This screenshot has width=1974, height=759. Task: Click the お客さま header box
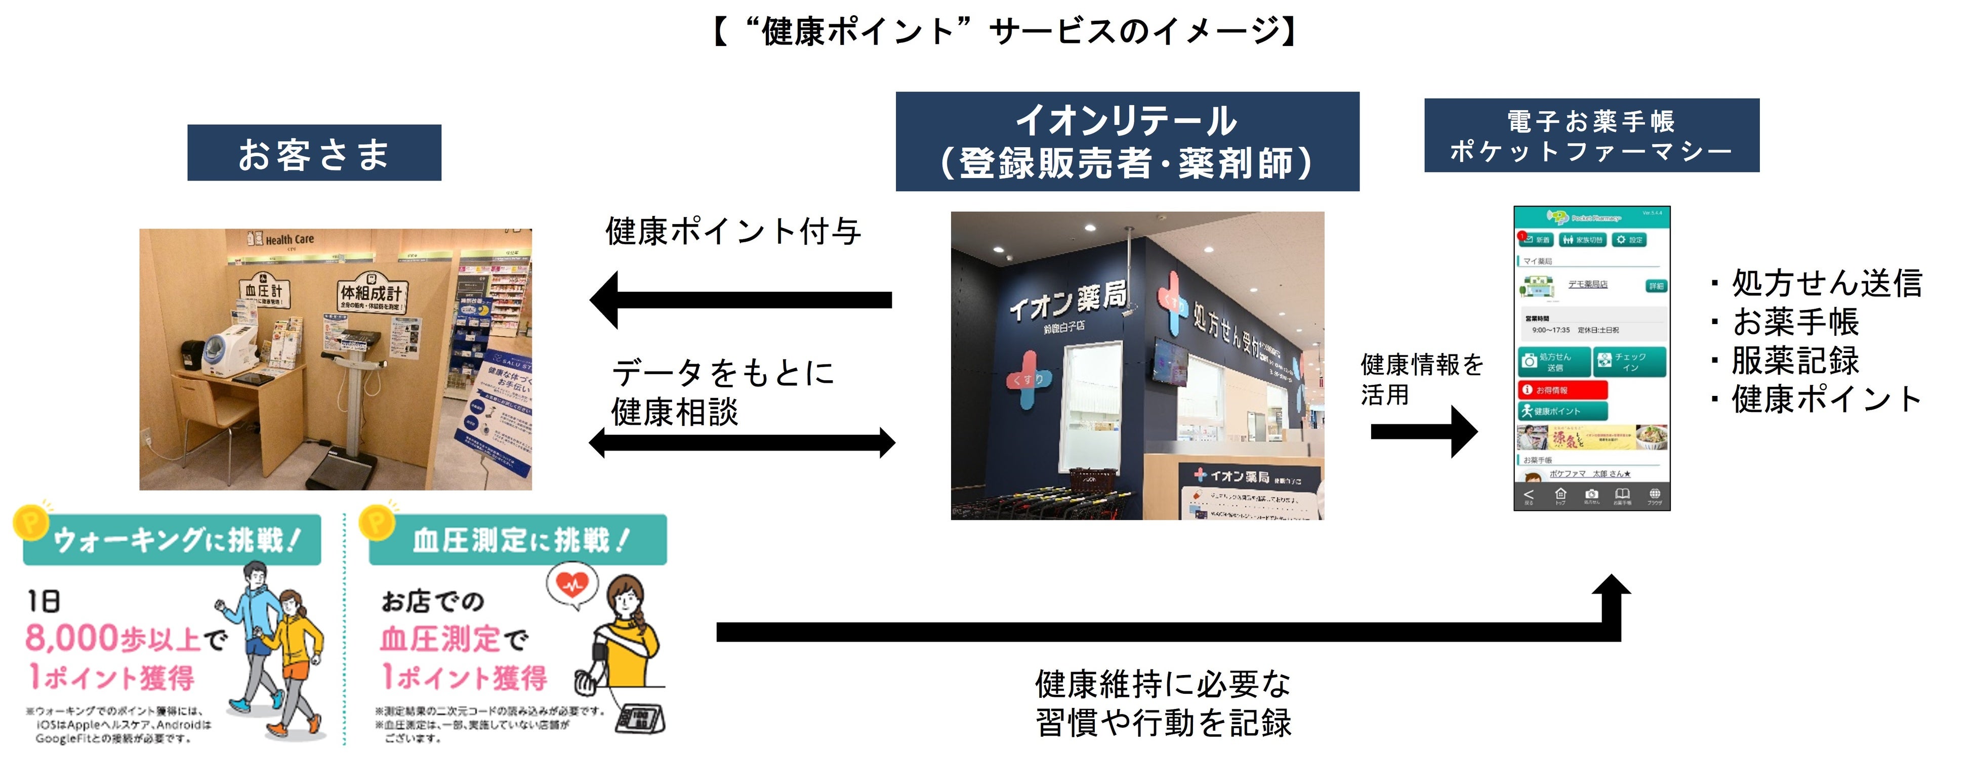tap(314, 153)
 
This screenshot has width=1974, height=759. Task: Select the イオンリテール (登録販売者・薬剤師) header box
tap(1127, 142)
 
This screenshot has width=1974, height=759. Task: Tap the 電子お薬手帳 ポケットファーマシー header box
tap(1592, 136)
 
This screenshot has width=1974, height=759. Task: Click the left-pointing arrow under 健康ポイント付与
tap(740, 299)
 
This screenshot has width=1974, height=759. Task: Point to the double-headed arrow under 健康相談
tap(742, 442)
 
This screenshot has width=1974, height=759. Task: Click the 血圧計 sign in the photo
tap(264, 291)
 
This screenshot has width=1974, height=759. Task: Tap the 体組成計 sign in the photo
tap(371, 293)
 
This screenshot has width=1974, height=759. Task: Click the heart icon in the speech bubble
tap(571, 584)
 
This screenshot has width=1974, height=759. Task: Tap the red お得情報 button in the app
tap(1561, 390)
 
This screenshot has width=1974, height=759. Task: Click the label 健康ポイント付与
tap(733, 231)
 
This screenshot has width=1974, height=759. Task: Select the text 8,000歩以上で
tap(127, 639)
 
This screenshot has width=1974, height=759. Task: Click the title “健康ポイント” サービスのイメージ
tap(1004, 32)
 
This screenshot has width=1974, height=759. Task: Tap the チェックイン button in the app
tap(1629, 362)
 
